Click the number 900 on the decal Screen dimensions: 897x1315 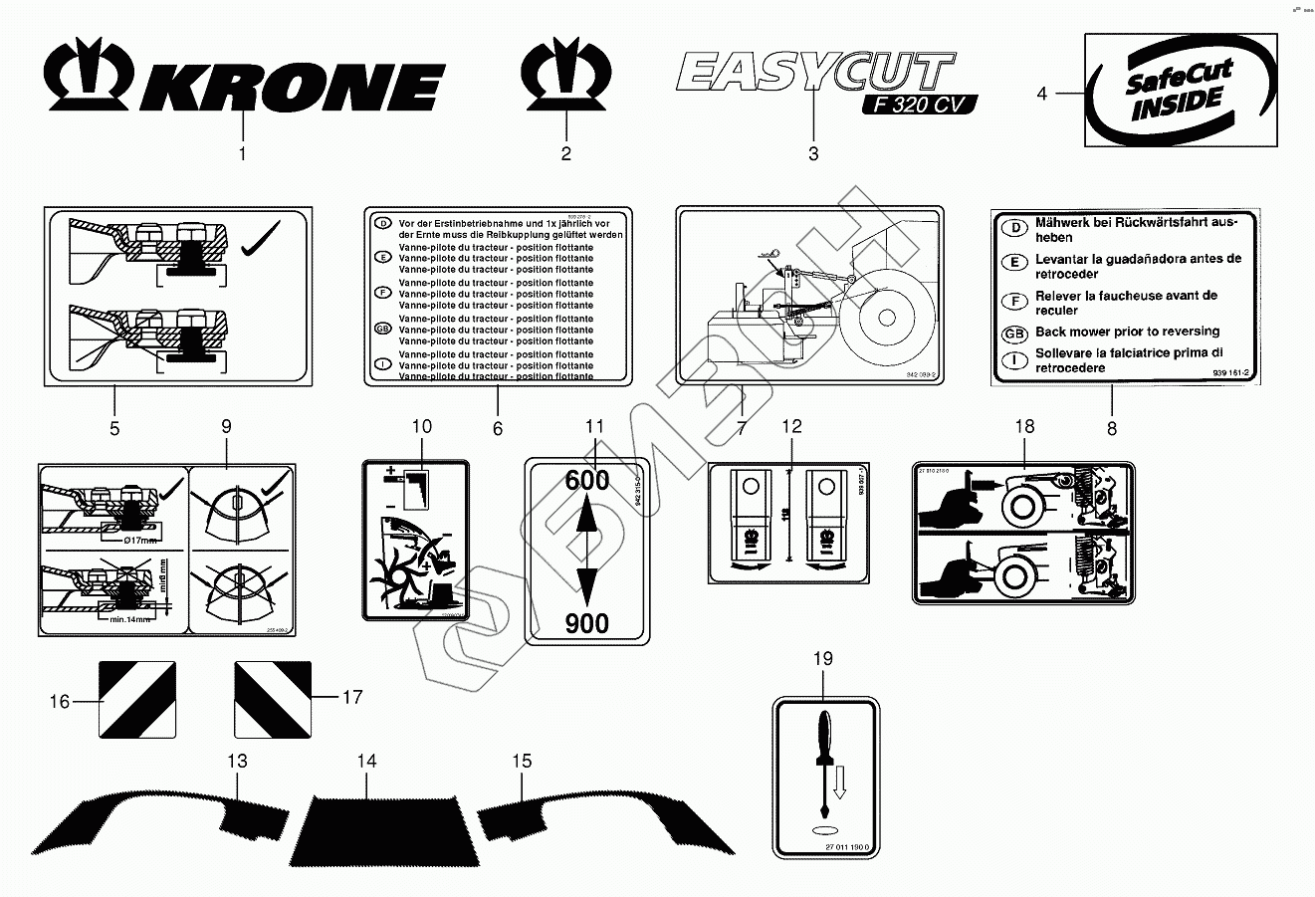click(x=587, y=622)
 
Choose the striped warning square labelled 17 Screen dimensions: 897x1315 click(x=273, y=699)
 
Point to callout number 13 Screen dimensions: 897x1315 click(x=236, y=762)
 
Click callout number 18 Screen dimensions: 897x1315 click(x=1024, y=427)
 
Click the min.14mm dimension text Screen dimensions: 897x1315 click(x=129, y=617)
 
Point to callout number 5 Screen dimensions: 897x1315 click(x=114, y=428)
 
